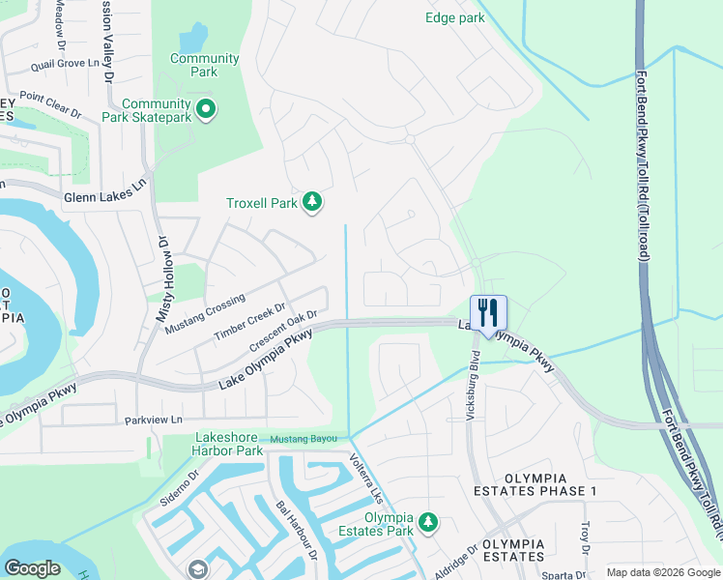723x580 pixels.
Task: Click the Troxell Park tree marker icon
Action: tap(311, 202)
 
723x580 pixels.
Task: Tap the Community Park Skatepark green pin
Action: tap(205, 110)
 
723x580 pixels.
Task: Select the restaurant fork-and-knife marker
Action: tap(488, 313)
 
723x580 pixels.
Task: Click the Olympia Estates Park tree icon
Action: tap(427, 523)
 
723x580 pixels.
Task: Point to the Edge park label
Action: tap(454, 17)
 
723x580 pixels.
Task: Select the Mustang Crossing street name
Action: tap(205, 314)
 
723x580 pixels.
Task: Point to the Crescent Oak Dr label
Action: tap(284, 330)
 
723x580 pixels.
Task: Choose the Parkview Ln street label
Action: tap(154, 420)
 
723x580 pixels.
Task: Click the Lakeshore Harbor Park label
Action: tap(216, 444)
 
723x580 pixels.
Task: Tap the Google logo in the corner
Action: tap(33, 567)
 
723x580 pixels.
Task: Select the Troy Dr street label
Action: tap(585, 532)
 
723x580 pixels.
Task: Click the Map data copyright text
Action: tap(662, 572)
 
